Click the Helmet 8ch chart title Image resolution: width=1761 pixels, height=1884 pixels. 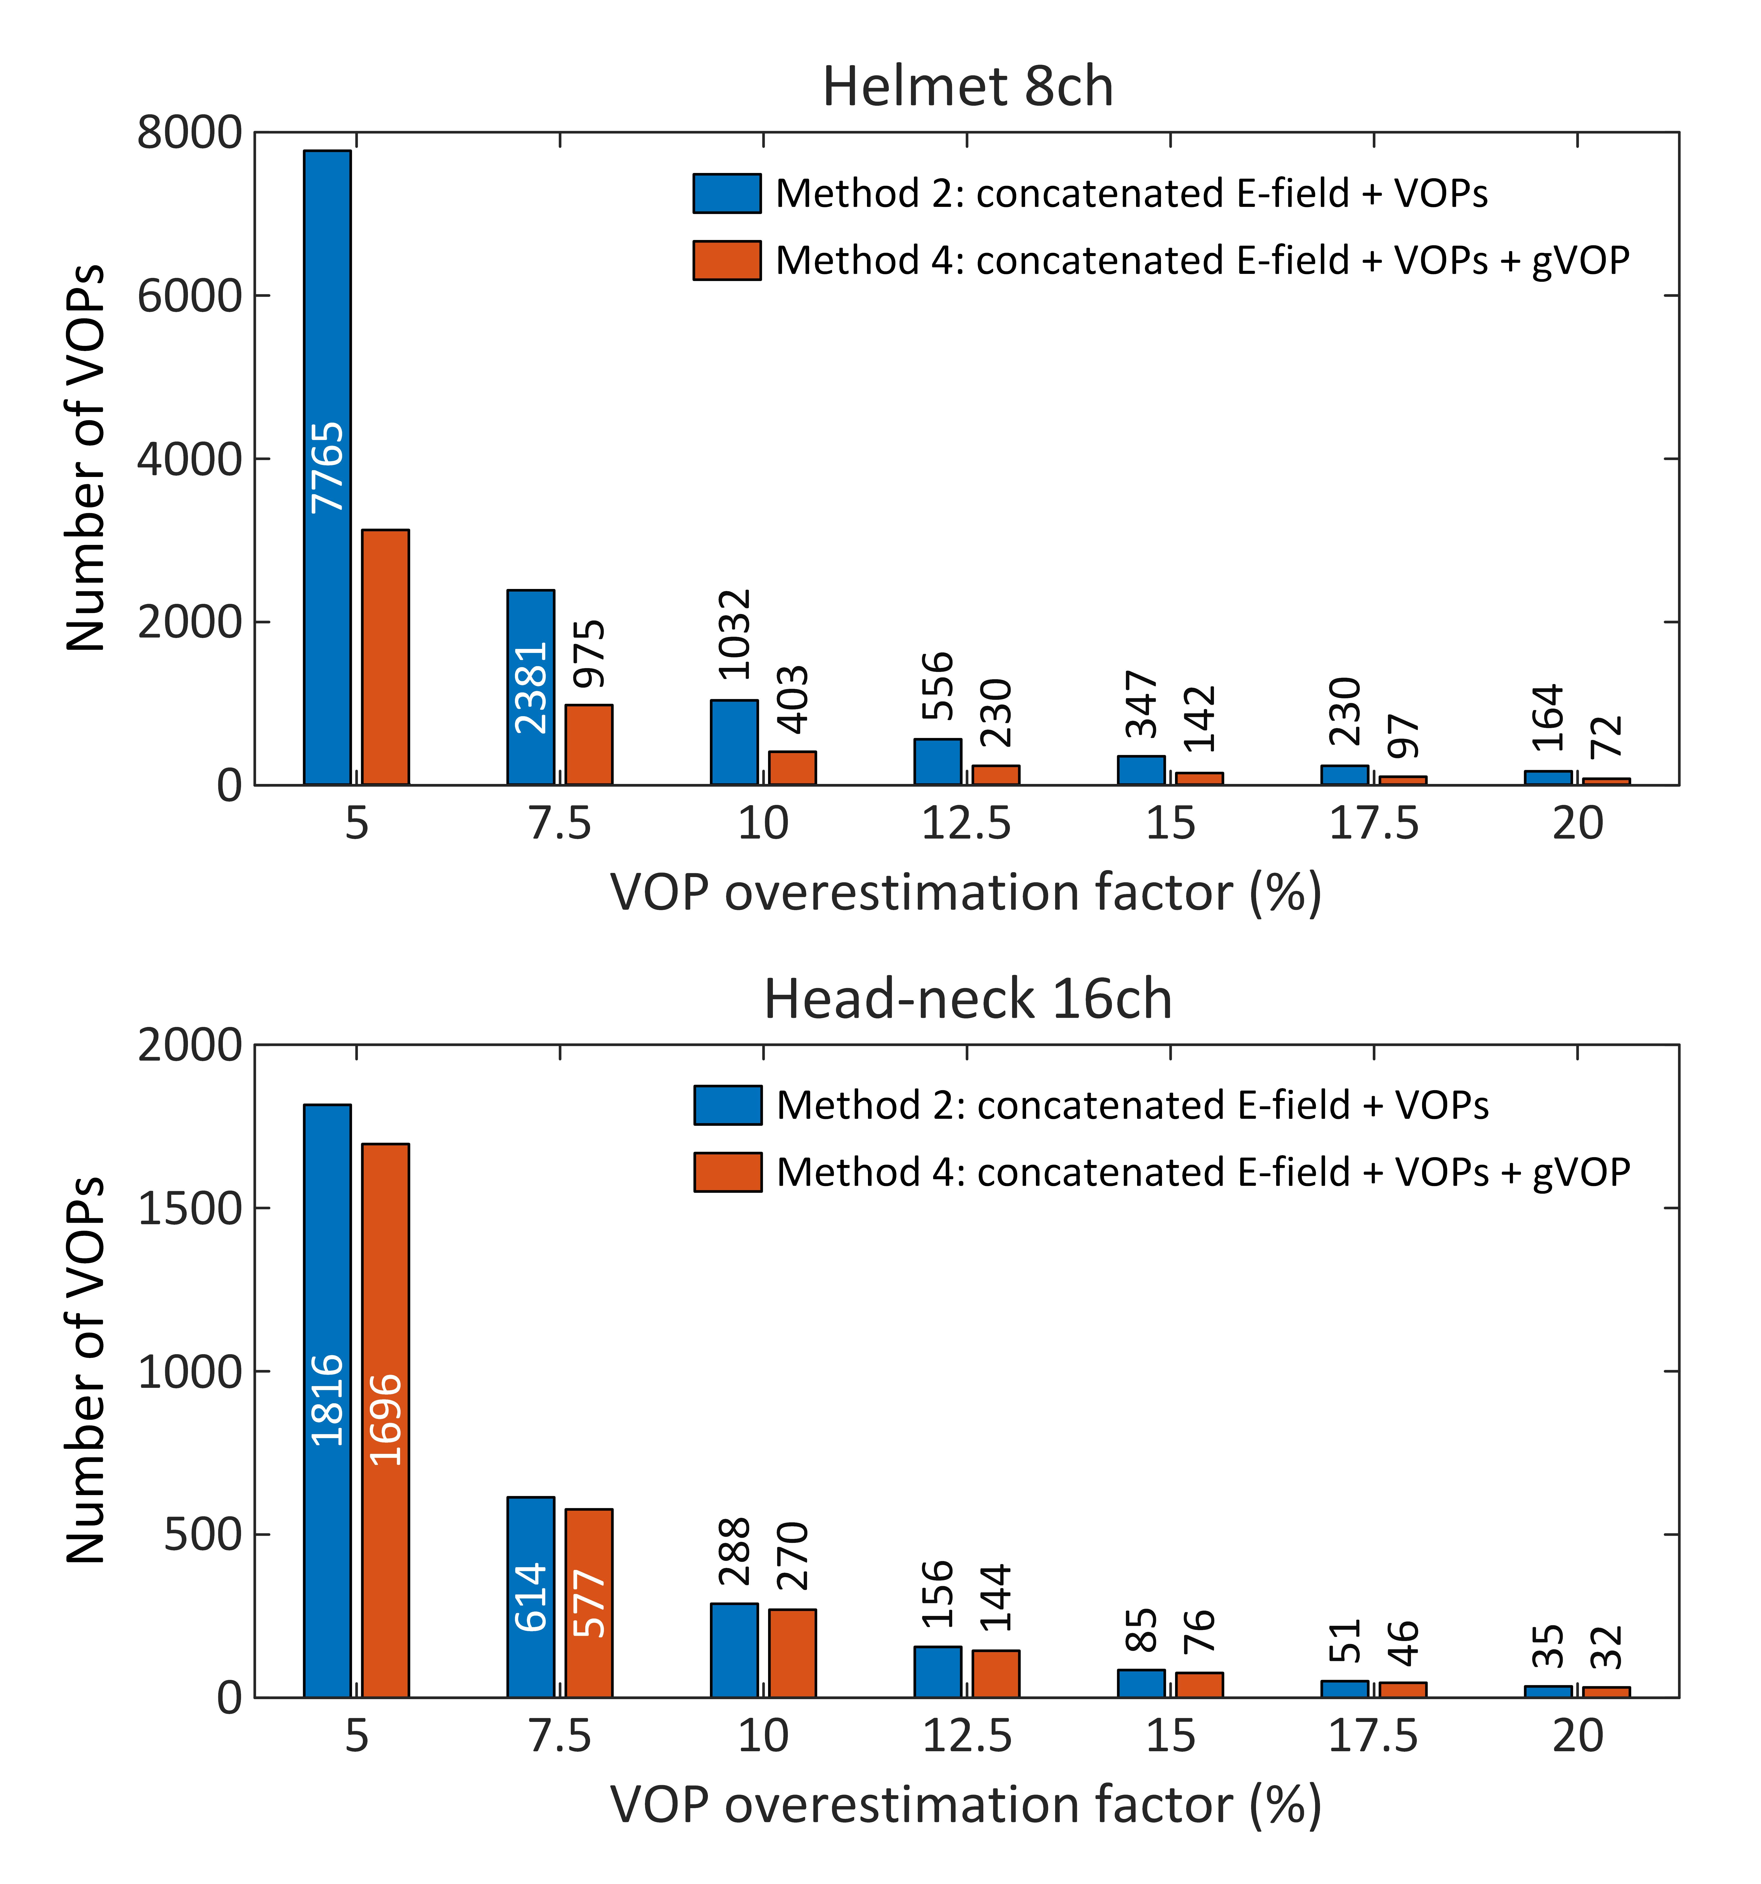(x=967, y=87)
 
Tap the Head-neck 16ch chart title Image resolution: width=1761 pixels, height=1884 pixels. (x=967, y=1000)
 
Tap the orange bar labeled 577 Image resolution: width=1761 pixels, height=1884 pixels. (x=589, y=1602)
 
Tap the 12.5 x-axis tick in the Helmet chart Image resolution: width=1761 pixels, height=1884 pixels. (x=967, y=823)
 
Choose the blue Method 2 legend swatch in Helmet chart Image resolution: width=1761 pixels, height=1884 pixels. (x=726, y=193)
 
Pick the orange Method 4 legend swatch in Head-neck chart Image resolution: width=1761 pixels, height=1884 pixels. (x=727, y=1172)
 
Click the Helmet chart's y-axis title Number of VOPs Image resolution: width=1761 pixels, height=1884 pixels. (x=85, y=459)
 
